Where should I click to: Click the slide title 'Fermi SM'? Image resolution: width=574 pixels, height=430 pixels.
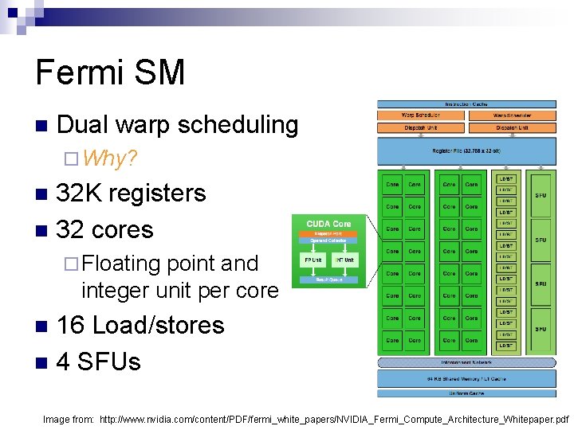(x=110, y=72)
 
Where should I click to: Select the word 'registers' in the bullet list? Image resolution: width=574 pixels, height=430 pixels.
(x=158, y=193)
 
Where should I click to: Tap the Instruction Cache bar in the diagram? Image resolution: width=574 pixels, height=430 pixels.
(x=467, y=104)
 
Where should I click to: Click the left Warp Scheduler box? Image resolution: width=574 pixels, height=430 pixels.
(x=421, y=115)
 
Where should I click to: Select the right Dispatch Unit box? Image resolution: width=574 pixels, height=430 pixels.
(x=512, y=127)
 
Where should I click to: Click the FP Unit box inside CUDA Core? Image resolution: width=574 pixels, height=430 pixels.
(x=312, y=260)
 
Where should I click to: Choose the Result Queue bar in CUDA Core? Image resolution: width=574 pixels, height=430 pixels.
(x=329, y=279)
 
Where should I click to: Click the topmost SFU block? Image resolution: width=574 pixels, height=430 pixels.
(x=541, y=193)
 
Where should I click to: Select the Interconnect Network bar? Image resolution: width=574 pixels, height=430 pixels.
(x=467, y=362)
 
